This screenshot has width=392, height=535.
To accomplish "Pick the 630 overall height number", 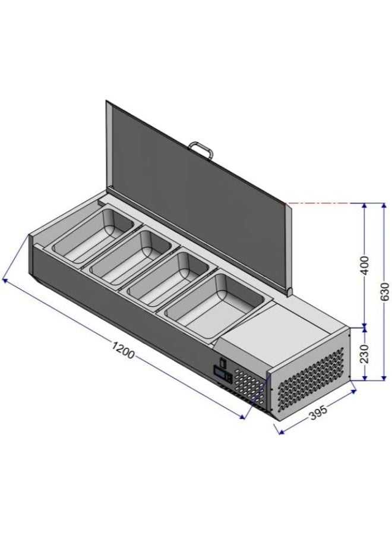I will pos(384,291).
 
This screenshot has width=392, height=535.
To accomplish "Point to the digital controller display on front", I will pos(223,374).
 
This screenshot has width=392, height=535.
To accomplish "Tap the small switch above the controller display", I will pos(222,361).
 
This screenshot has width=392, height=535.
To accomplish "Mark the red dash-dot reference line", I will pos(324,203).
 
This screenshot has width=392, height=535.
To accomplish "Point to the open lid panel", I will pos(196,184).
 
